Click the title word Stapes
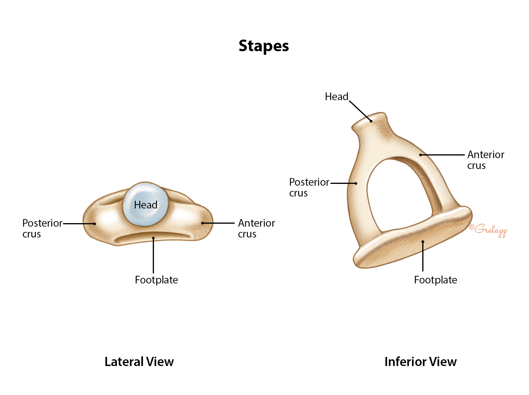coord(264,46)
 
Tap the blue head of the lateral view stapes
coord(146,204)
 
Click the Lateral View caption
coord(139,362)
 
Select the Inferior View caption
coord(421,362)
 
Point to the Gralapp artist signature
coord(489,230)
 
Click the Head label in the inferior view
coord(336,97)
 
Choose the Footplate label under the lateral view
coord(156,280)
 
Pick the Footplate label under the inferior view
coord(435,280)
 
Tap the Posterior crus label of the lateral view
coord(42,228)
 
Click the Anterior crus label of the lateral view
coord(256,228)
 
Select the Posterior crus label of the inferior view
coord(309,187)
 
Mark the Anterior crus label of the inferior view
coord(486,160)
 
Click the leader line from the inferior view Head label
coord(360,111)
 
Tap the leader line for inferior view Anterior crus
coord(443,155)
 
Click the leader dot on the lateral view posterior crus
coord(94,224)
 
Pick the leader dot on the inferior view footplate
coord(423,242)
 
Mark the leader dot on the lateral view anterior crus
coord(202,223)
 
